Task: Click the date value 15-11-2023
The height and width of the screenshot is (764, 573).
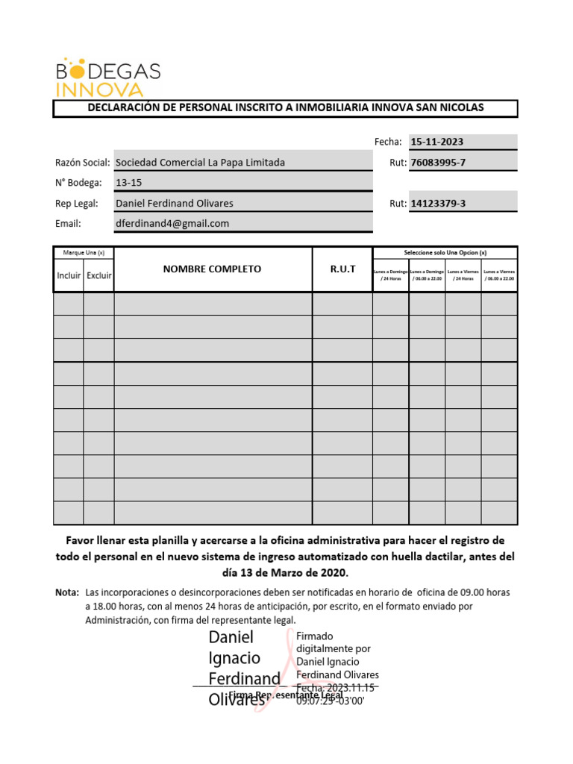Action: [x=437, y=142]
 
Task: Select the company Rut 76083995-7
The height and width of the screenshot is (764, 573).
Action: [x=438, y=162]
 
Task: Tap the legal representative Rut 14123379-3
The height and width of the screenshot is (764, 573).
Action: [x=438, y=203]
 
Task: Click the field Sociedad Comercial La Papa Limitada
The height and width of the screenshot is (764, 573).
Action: [x=201, y=162]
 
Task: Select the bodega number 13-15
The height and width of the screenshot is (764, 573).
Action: [x=129, y=182]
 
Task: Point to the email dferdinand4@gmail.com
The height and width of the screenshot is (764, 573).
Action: [x=172, y=223]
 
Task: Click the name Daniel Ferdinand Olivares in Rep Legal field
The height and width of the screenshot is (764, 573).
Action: [x=175, y=203]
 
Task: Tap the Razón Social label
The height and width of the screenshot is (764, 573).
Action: [x=83, y=163]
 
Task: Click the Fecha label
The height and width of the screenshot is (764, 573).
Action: [x=388, y=142]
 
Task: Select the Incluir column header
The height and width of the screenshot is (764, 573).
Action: [x=69, y=275]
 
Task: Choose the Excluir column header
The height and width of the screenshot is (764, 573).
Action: [x=98, y=275]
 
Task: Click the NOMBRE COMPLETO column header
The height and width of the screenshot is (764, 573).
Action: [x=213, y=269]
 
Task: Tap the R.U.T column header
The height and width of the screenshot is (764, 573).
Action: [x=342, y=269]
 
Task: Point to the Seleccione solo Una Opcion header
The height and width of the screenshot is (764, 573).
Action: [x=445, y=252]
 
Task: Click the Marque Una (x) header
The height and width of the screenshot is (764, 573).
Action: [x=84, y=252]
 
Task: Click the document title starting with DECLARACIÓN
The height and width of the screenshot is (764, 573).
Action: [x=285, y=108]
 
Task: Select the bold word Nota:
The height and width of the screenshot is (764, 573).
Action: [x=67, y=592]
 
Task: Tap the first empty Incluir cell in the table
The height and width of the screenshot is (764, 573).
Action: [x=69, y=304]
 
